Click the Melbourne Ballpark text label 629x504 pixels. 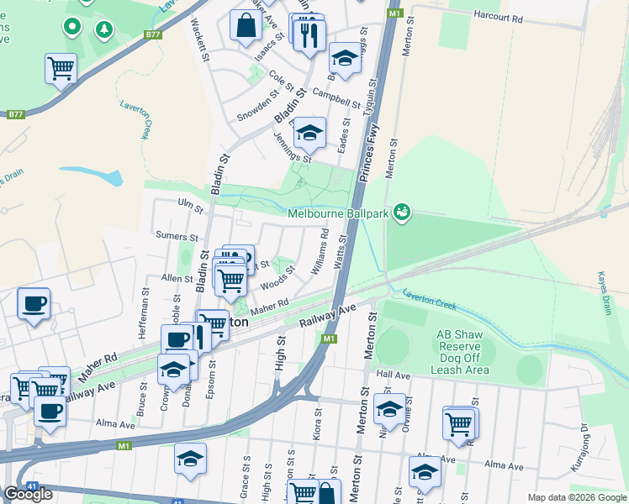pos(338,213)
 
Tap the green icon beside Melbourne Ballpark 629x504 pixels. pos(403,213)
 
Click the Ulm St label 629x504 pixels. pos(187,202)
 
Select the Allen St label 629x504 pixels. pos(177,277)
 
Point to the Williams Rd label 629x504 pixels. pos(318,252)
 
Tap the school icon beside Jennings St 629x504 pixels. pos(309,133)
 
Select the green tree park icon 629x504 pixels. pos(103,31)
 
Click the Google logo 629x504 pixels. pos(28,494)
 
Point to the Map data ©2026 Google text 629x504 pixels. pos(576,497)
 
